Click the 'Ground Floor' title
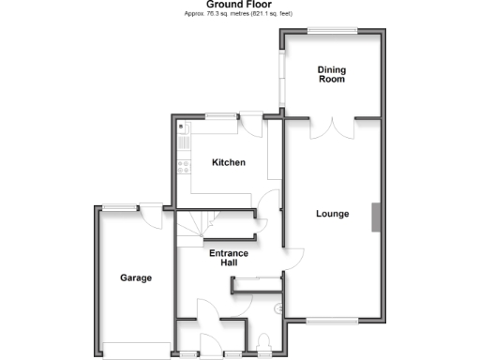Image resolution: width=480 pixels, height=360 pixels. click(x=239, y=5)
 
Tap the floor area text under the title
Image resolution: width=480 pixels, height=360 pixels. click(x=239, y=14)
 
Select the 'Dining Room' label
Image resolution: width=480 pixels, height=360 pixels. click(x=331, y=74)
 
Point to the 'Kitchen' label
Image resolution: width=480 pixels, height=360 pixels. click(x=228, y=162)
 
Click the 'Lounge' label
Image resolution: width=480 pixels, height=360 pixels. click(x=332, y=214)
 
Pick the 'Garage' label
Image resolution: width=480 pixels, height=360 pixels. click(x=135, y=277)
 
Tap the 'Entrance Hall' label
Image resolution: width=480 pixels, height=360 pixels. click(x=228, y=258)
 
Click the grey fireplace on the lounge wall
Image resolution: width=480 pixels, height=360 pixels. click(x=377, y=217)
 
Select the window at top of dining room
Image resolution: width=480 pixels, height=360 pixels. click(x=333, y=31)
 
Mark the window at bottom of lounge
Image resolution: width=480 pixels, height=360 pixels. click(x=332, y=321)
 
